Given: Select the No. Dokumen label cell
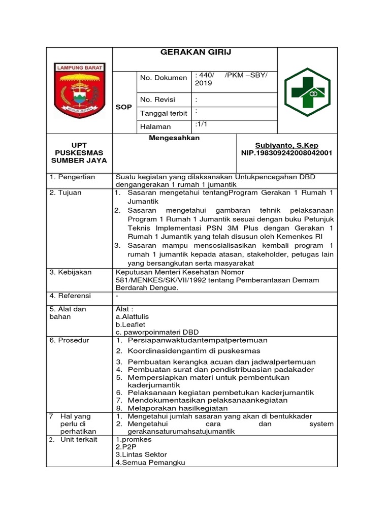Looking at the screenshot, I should [164, 78].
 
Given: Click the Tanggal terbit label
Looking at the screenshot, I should [164, 113].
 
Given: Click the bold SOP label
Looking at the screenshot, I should [123, 107].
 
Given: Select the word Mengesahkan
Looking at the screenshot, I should [174, 138].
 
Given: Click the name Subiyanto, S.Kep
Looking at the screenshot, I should [287, 145].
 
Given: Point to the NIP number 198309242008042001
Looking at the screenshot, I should [287, 153].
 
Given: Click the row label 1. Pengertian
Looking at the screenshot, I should [73, 177].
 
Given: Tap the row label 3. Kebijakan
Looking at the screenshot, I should [71, 272].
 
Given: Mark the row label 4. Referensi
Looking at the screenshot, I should [71, 296].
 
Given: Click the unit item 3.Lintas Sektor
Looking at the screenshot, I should [141, 454].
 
